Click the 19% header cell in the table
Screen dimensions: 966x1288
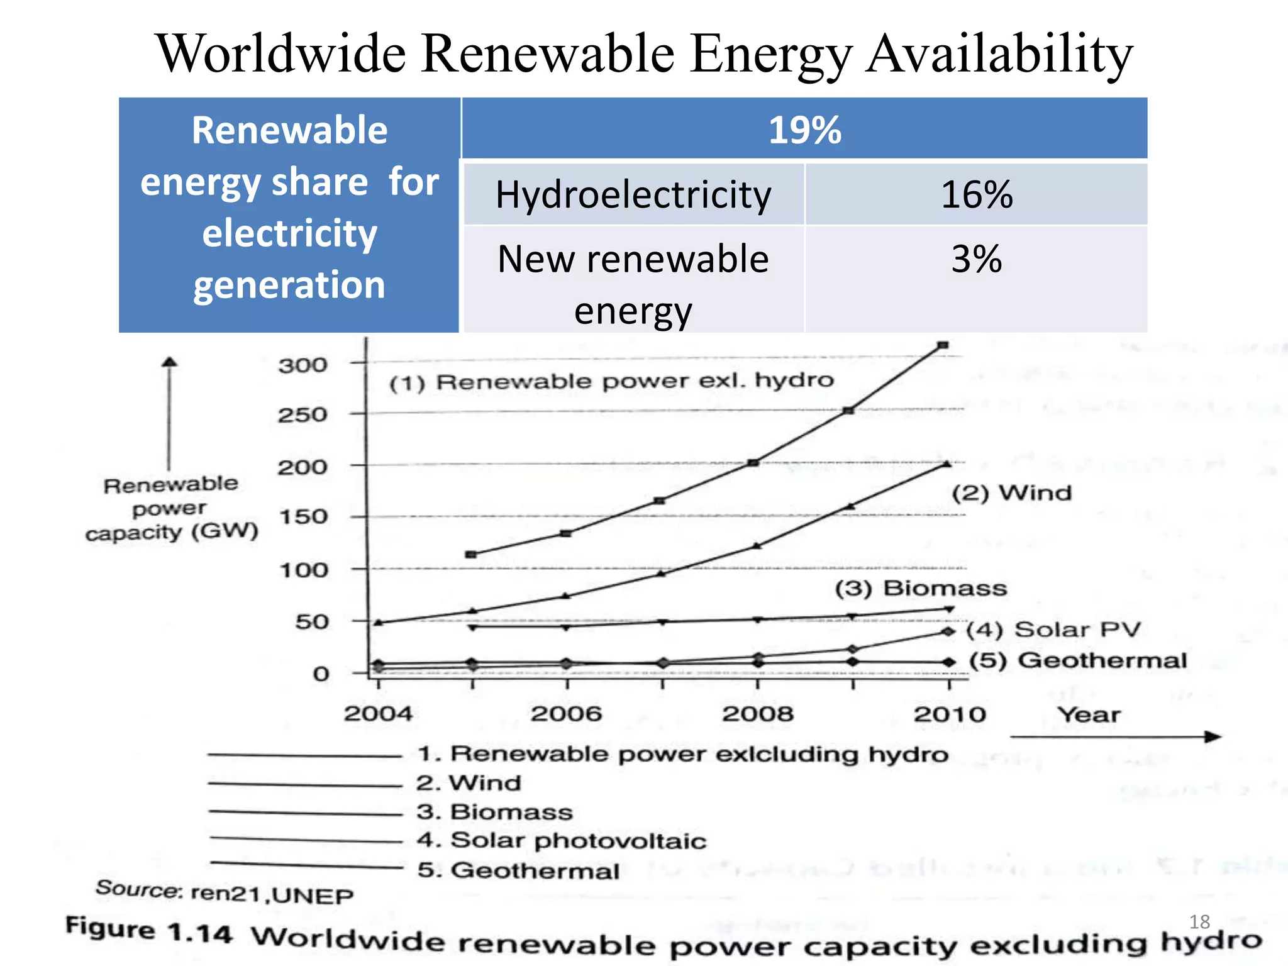coord(804,130)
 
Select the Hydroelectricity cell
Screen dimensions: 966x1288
coord(633,194)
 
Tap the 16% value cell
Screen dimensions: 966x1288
coord(976,194)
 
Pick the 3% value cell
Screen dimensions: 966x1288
coord(976,259)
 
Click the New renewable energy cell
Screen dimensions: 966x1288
coord(633,284)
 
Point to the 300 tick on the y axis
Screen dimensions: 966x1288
coord(303,365)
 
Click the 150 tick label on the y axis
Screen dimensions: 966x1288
coord(303,518)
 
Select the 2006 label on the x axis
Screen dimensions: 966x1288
coord(566,714)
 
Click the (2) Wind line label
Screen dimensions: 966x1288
coord(1011,493)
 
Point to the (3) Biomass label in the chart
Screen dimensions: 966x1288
coord(921,589)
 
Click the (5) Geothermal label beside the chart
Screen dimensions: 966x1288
coord(1077,660)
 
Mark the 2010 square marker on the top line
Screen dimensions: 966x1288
coord(943,345)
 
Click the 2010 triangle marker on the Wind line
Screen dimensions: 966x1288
coord(947,464)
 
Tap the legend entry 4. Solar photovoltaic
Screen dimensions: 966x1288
coord(562,841)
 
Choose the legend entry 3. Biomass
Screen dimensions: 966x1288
coord(495,812)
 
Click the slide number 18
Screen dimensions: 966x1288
coord(1199,922)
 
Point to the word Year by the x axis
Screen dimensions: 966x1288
coord(1089,715)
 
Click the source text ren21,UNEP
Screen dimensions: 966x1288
coord(272,894)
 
